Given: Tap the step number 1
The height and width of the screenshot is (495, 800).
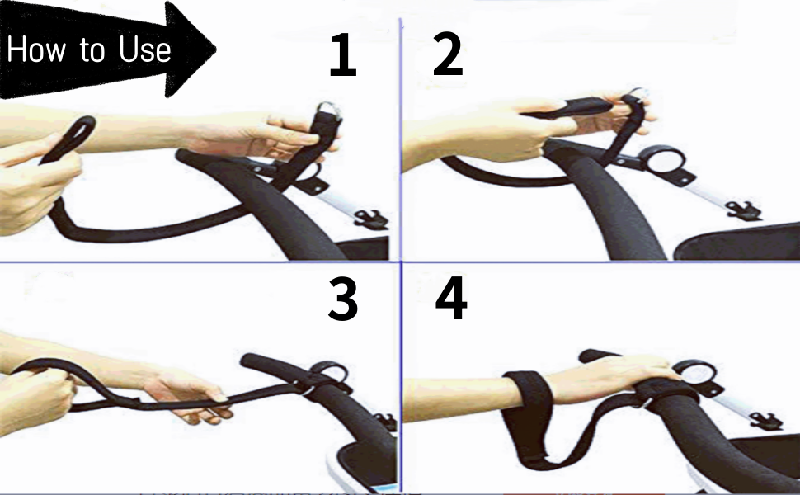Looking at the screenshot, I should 342,56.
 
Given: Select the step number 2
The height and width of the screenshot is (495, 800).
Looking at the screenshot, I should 448,56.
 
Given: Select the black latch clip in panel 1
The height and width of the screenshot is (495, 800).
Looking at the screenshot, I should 369,219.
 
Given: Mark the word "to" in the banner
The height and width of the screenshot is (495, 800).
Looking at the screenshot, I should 92,51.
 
